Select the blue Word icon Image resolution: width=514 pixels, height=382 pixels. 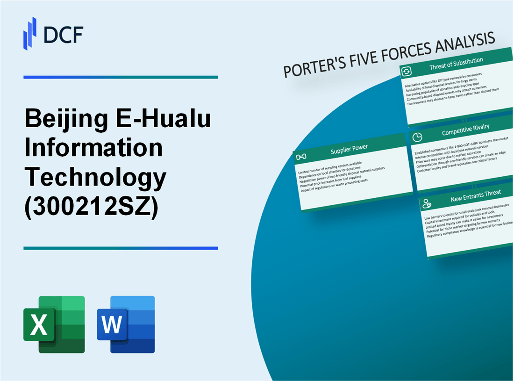[x=126, y=324]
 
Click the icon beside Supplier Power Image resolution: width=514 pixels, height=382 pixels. [x=301, y=156]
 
